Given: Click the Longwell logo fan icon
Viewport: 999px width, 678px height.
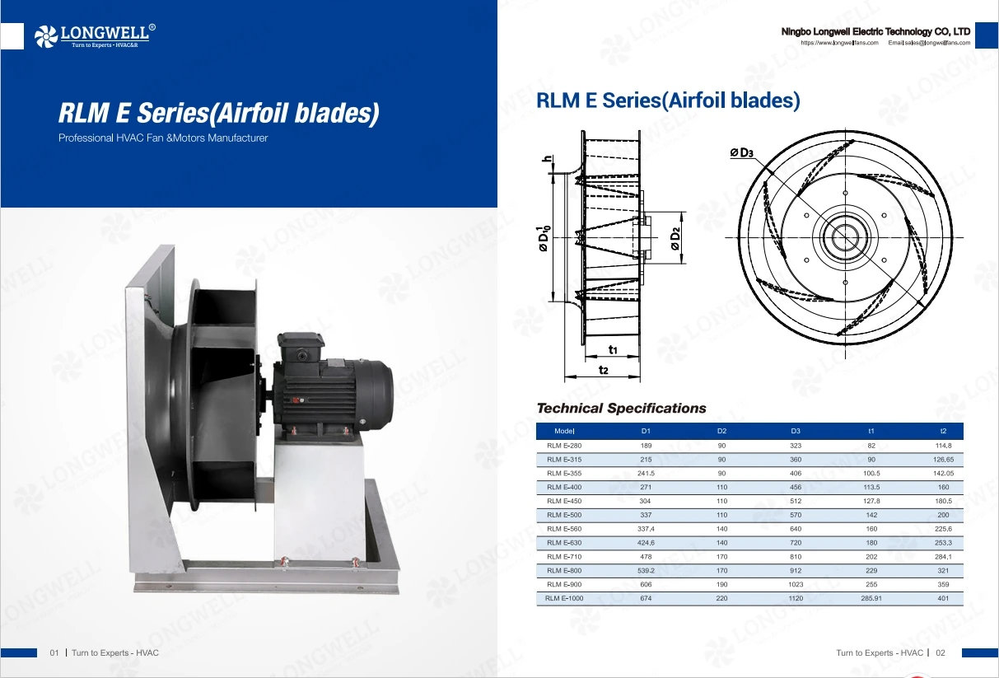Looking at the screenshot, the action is point(46,36).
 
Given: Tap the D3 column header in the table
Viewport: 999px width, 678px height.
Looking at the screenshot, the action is point(796,431).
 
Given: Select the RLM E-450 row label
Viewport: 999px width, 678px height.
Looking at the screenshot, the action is point(564,501).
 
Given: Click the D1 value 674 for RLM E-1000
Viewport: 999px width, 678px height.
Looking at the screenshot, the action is point(646,598).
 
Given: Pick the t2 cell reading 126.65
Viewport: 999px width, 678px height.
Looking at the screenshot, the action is point(943,460).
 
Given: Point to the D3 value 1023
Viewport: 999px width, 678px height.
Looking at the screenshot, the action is point(796,584).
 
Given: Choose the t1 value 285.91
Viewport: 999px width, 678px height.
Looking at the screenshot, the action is point(871,598).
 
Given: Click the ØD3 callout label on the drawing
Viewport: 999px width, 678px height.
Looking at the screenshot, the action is point(742,152).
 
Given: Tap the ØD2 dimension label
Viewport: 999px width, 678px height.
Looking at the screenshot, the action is point(675,239).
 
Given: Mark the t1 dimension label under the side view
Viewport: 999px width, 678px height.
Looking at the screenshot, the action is point(614,349).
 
